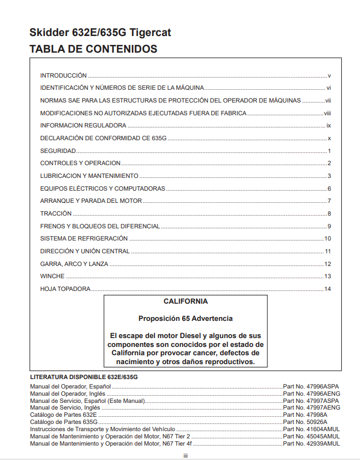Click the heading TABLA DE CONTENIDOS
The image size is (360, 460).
(93, 49)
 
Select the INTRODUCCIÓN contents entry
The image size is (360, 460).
(63, 75)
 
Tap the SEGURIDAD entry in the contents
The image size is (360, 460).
(58, 151)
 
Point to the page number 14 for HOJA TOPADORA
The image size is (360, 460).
(327, 289)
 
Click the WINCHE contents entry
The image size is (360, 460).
(53, 276)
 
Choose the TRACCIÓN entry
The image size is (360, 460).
(56, 213)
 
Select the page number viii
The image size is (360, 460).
(327, 113)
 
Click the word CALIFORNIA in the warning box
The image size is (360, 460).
(186, 302)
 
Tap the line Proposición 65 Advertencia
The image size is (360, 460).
(186, 319)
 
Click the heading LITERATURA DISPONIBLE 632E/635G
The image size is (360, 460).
(84, 377)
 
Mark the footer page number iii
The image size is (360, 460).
(186, 455)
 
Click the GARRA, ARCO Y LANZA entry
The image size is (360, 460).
(74, 264)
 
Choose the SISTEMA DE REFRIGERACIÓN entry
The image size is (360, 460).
(84, 238)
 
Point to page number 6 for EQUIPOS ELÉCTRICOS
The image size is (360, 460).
(329, 188)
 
